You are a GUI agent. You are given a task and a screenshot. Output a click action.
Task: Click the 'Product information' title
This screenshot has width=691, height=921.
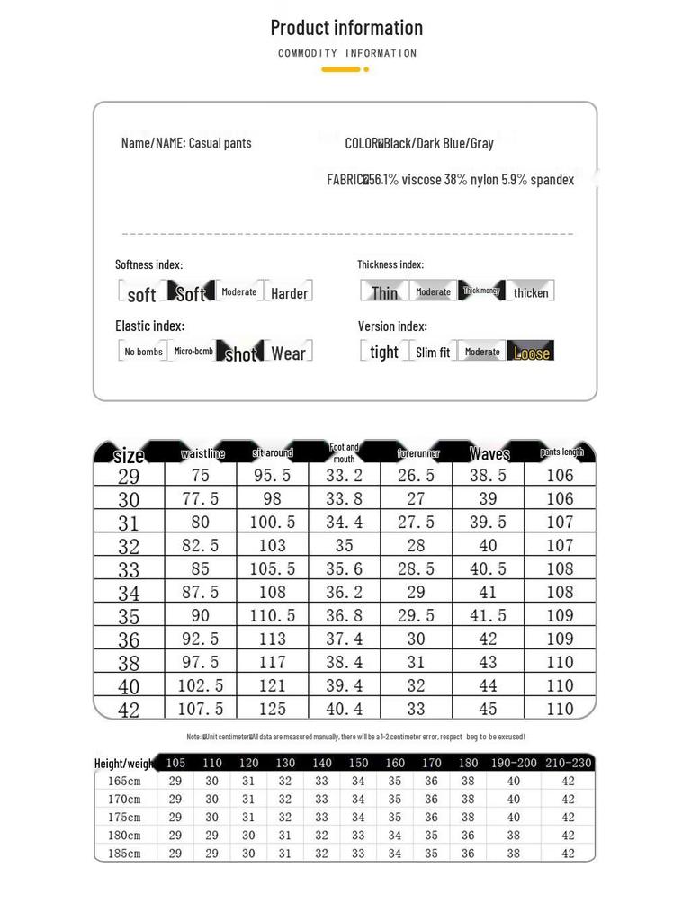coord(346,28)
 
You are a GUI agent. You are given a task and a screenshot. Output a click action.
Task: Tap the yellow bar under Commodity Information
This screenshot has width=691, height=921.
coord(341,69)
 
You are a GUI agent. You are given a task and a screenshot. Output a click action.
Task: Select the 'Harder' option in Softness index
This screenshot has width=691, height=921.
coord(289,292)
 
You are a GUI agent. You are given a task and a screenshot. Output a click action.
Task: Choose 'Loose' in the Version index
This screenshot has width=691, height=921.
coord(531,353)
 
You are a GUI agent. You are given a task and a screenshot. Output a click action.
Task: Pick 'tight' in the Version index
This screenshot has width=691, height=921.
coord(384,353)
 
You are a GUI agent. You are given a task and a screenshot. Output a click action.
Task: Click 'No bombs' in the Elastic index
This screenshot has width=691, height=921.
coord(144,352)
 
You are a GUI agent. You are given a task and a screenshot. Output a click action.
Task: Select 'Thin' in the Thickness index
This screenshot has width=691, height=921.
coord(384,292)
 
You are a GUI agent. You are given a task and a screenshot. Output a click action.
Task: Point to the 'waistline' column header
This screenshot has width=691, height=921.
coord(202,454)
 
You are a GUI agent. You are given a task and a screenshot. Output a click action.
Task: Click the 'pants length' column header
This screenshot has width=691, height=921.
coord(561,452)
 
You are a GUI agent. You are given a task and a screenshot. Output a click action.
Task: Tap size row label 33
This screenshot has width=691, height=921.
coord(129,569)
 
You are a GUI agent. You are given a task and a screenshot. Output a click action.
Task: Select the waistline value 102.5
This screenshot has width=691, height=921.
coord(200,685)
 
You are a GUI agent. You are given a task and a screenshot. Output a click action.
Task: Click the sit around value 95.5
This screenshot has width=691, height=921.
coord(272,476)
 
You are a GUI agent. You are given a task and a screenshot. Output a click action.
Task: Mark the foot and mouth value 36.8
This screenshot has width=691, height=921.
coord(344,615)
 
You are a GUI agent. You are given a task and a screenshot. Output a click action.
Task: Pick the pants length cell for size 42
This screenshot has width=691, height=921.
coord(560,709)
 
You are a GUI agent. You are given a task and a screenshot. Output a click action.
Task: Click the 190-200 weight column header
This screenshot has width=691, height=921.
coord(513,764)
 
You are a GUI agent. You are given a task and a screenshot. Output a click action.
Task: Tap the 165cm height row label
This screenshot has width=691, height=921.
coord(124,782)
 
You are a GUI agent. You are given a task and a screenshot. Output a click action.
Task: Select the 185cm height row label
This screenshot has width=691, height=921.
coord(124,853)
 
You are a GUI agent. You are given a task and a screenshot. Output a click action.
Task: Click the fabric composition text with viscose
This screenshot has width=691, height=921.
coord(450,180)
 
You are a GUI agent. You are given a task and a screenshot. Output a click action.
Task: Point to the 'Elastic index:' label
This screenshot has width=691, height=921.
coord(149,326)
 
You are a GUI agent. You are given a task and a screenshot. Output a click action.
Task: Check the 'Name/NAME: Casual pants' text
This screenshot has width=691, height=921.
coord(186,143)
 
